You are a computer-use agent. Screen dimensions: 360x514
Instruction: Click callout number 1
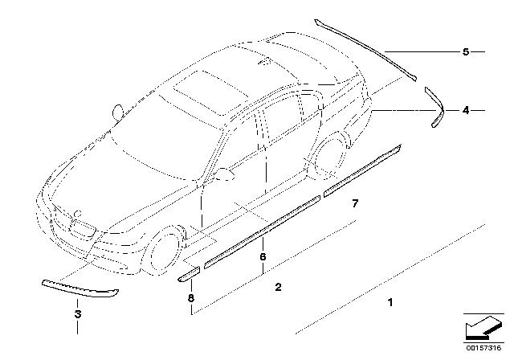tap(390, 303)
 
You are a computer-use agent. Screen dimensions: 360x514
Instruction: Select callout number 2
tap(278, 286)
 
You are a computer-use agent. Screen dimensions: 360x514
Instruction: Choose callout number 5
tap(465, 52)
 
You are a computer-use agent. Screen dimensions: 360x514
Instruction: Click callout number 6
tap(262, 256)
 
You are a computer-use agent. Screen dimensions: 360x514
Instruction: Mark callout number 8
tap(191, 298)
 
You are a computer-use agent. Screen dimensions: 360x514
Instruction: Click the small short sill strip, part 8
tap(188, 274)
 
